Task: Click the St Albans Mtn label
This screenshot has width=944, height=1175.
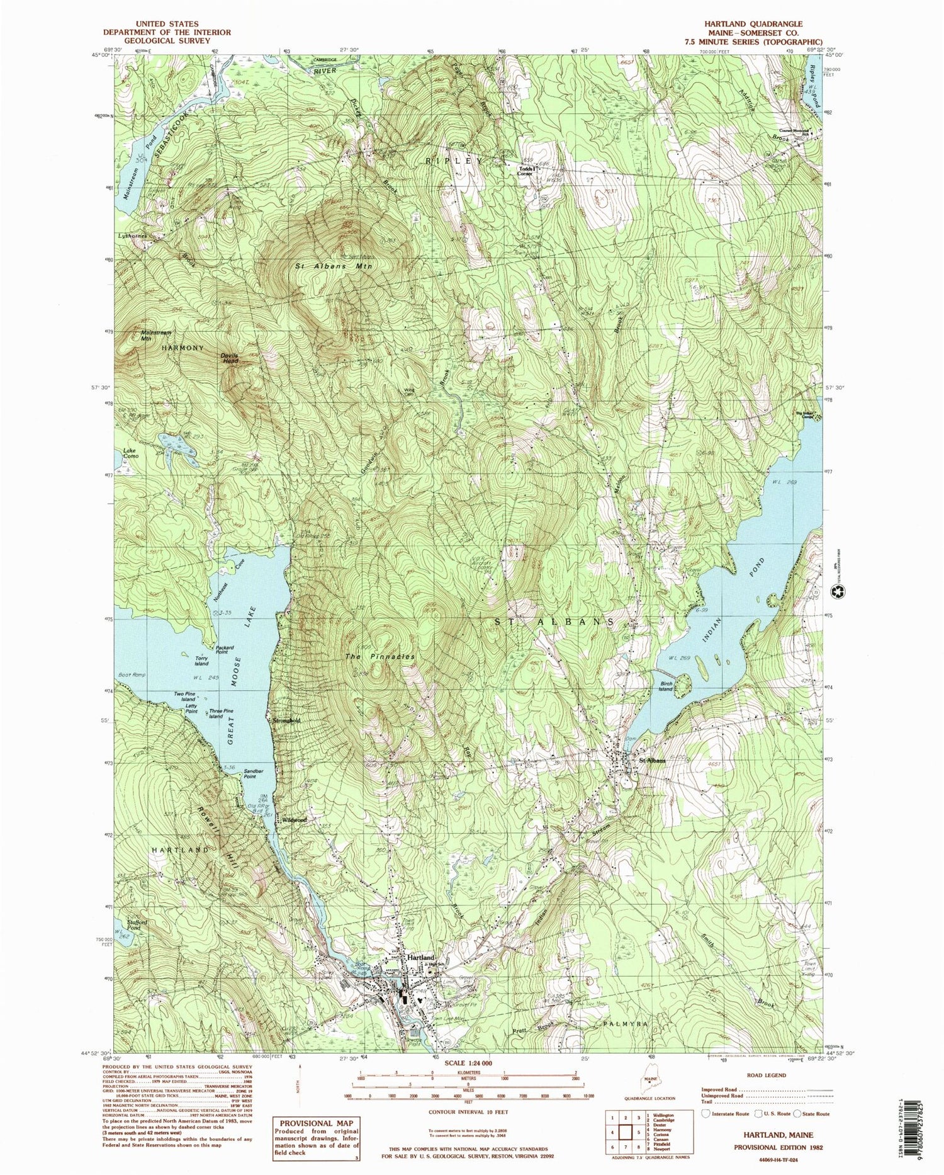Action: click(334, 266)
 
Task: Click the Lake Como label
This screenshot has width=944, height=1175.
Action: click(130, 453)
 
